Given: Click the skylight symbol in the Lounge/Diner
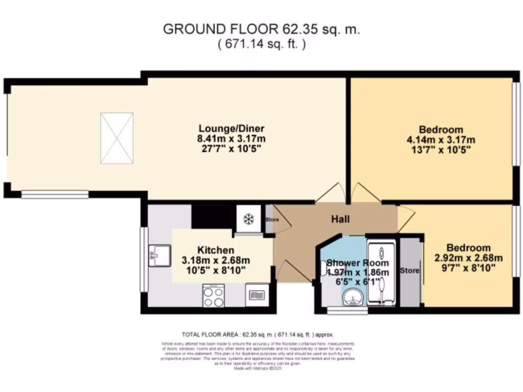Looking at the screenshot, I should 117,138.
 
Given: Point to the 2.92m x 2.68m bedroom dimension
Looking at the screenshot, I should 468,258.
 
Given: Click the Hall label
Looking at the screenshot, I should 341,219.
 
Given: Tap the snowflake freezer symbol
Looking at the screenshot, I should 248,219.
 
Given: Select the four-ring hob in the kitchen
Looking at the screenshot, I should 214,296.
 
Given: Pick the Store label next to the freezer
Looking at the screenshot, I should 272,220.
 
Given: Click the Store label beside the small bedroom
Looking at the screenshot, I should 410,271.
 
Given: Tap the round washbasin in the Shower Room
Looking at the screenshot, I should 352,297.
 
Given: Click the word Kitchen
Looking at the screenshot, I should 216,250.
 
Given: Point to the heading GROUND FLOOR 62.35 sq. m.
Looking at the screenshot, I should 261,29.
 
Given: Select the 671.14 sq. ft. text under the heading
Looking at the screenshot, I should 261,44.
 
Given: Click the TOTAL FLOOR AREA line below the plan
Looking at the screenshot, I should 258,335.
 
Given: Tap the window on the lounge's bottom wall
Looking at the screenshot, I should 55,194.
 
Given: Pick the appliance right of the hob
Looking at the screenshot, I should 256,296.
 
